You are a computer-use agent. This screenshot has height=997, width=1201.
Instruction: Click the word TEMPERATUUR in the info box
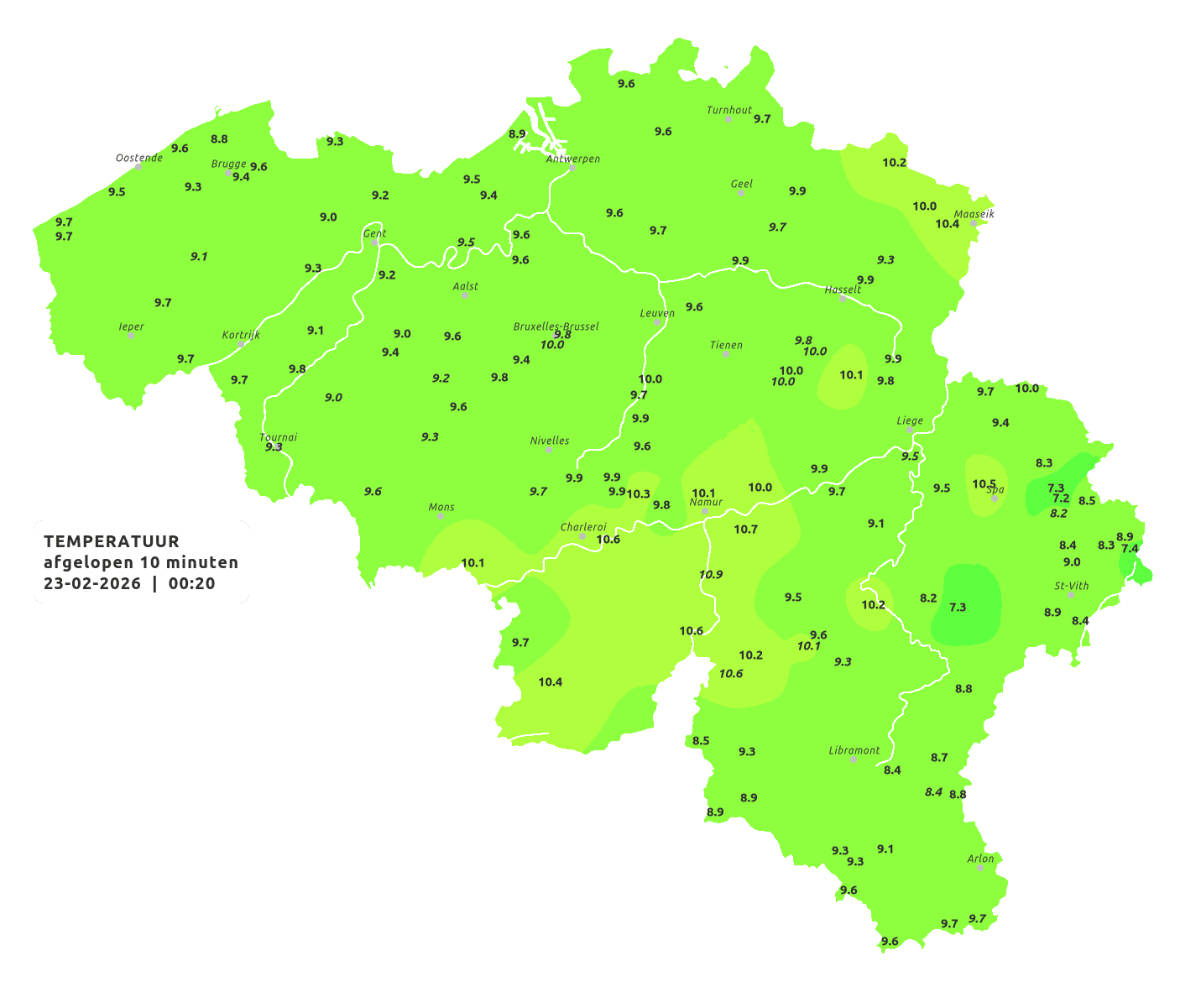click(x=112, y=541)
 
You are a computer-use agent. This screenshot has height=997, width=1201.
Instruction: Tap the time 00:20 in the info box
click(x=191, y=584)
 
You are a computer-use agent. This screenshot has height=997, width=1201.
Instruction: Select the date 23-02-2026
click(x=92, y=584)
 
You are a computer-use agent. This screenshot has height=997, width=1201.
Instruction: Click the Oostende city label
click(x=138, y=158)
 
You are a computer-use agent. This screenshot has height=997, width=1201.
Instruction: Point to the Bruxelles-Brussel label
click(x=556, y=326)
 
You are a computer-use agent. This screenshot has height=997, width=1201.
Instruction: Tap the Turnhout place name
click(x=728, y=110)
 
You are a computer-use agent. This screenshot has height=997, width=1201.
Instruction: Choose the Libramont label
click(x=854, y=750)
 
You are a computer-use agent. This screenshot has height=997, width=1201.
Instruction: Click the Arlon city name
click(x=980, y=859)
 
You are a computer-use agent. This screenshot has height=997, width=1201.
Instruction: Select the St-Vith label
click(x=1071, y=586)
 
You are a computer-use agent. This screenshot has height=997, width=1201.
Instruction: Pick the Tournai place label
click(x=278, y=437)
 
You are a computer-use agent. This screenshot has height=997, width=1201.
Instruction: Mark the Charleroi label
click(x=583, y=527)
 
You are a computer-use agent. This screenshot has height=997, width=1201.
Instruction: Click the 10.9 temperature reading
click(x=710, y=575)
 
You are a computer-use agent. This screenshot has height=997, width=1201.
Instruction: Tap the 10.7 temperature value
click(x=745, y=530)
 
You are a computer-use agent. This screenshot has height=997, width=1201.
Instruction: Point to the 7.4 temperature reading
click(x=1130, y=549)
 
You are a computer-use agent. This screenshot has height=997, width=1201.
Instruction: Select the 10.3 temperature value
click(x=638, y=493)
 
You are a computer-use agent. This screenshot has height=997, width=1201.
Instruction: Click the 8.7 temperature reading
click(x=938, y=758)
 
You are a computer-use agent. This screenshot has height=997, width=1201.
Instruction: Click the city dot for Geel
click(x=741, y=193)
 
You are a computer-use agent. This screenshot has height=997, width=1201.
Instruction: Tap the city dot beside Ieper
click(x=130, y=336)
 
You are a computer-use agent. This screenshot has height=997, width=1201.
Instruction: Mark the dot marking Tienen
click(x=726, y=354)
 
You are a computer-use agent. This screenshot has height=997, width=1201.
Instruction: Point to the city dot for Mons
click(x=441, y=516)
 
